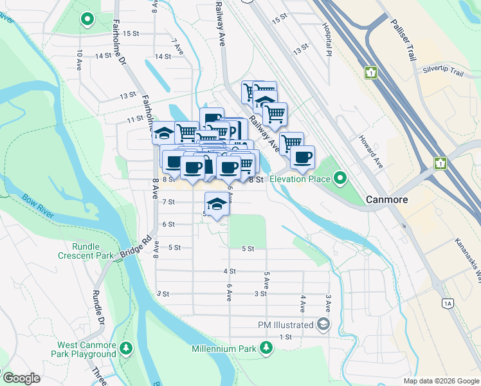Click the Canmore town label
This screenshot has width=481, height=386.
point(386,199)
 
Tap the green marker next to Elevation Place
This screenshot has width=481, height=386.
point(340,178)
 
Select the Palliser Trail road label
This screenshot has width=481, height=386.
point(403,40)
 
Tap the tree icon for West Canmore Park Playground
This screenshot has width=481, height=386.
point(127,348)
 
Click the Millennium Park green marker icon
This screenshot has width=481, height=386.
point(265,348)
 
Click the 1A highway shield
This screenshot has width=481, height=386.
point(448,302)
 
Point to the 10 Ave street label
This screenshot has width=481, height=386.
point(80,60)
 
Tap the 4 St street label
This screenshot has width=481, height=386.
point(230,271)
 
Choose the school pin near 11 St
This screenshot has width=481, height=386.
point(164,133)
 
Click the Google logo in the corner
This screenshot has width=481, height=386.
point(21,378)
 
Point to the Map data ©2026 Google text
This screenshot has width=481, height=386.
point(440,381)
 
